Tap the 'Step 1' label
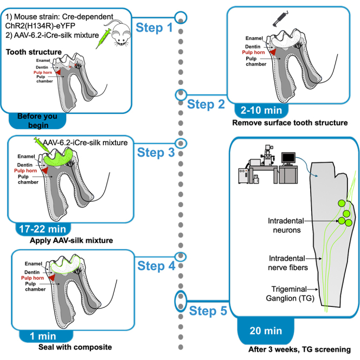[154, 28]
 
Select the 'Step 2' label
[206, 104]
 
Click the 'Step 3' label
[156, 152]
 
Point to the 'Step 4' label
[156, 266]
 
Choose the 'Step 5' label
[208, 311]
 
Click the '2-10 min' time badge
[261, 111]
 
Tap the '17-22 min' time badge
[43, 229]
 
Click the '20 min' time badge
[266, 331]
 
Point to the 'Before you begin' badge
[37, 121]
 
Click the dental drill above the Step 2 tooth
[280, 19]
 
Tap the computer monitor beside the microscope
[288, 159]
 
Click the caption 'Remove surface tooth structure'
[290, 123]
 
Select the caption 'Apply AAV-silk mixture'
[72, 240]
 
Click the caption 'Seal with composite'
[75, 347]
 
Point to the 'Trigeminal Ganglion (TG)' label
[290, 294]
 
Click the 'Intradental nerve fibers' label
[287, 263]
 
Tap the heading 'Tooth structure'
[34, 52]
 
